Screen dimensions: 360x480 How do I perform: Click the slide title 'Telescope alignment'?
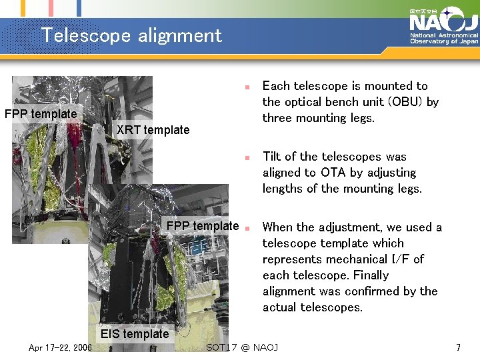(x=131, y=35)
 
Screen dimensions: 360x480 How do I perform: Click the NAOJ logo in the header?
(x=443, y=20)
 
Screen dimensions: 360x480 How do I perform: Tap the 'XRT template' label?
(x=153, y=130)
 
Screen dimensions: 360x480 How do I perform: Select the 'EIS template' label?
(x=135, y=334)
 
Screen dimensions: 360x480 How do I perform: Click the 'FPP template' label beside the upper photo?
(x=41, y=114)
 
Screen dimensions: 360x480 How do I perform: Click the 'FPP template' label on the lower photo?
(x=203, y=226)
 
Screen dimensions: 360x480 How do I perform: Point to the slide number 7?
(x=458, y=347)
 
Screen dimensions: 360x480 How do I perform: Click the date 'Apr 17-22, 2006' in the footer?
(x=60, y=347)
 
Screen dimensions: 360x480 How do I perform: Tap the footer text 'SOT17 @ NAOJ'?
(x=242, y=347)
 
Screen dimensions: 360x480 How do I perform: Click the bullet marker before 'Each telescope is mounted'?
(x=246, y=87)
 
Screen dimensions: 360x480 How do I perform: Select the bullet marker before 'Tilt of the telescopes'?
(x=246, y=158)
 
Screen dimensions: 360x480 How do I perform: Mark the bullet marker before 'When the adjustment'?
(x=246, y=228)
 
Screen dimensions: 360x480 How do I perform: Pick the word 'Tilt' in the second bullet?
(x=271, y=157)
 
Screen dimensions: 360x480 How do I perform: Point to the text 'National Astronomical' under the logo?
(x=444, y=35)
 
